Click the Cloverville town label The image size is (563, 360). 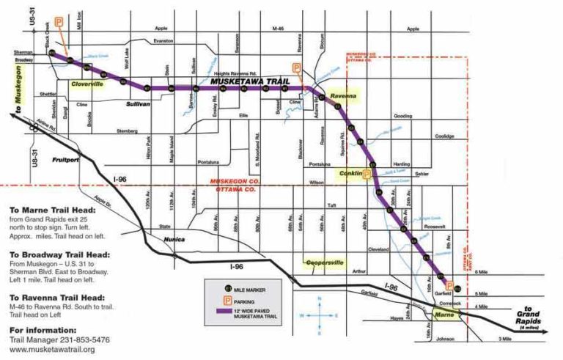[x=87, y=84]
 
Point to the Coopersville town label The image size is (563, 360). [x=324, y=262]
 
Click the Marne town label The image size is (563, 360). [x=444, y=315]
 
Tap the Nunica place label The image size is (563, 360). [x=174, y=240]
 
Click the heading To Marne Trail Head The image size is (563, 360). [x=53, y=209]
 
